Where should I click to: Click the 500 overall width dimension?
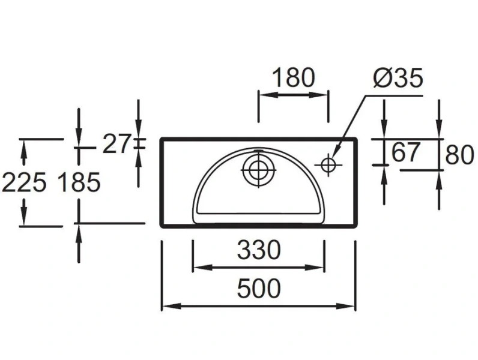[x=258, y=289]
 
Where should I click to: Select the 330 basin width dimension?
[x=258, y=250]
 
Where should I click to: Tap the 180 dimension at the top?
[x=293, y=78]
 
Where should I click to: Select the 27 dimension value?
[x=116, y=144]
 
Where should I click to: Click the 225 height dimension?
[x=23, y=182]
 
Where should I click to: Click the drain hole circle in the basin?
[x=258, y=169]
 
